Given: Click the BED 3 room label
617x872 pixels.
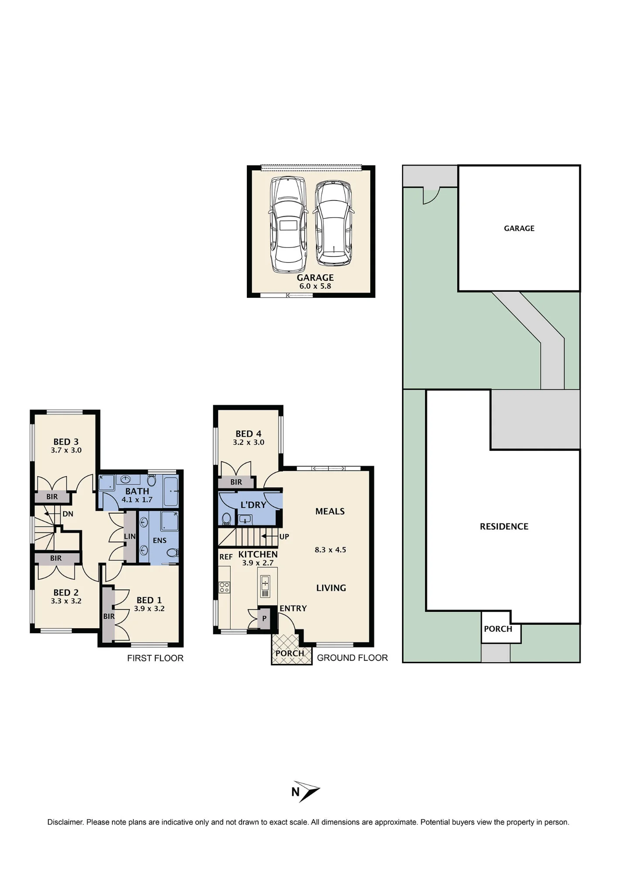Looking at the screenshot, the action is click(x=66, y=442).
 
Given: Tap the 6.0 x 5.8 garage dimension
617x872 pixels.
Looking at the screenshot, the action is click(x=315, y=286).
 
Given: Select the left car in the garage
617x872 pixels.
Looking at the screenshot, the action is click(x=288, y=225).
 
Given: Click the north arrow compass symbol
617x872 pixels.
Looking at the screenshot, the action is click(x=306, y=791).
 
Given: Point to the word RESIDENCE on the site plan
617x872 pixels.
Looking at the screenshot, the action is click(x=504, y=527).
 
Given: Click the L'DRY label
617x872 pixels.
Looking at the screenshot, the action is click(x=253, y=505).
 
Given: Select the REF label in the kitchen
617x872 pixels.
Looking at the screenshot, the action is click(x=226, y=557).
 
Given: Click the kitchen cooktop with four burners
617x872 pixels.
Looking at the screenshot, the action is click(x=225, y=587).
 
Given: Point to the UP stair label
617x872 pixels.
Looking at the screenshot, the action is click(x=284, y=537).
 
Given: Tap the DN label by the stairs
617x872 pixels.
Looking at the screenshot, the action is click(x=68, y=514).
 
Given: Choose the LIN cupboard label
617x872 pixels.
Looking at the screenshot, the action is click(x=130, y=536).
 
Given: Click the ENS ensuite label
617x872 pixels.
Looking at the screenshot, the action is click(x=160, y=541).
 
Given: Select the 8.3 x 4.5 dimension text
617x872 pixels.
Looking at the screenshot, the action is click(x=331, y=550).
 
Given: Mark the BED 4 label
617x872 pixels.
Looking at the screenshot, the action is click(x=249, y=434).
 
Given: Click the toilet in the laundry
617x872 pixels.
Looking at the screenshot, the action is click(x=226, y=518).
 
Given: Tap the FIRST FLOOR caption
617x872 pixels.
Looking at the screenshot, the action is click(x=155, y=658).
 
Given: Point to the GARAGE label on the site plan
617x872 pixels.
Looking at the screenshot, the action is click(x=519, y=228).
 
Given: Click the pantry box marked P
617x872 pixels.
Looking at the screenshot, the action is click(x=264, y=619).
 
